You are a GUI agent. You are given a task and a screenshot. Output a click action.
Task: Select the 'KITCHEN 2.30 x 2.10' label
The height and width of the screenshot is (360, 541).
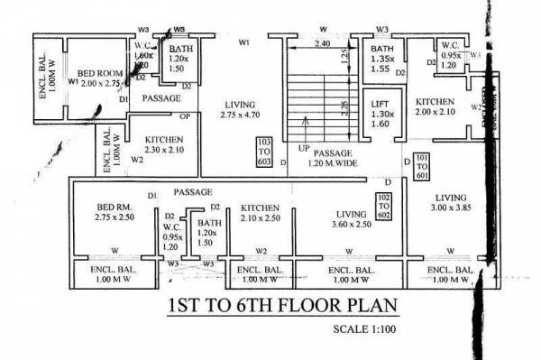(x=165, y=145)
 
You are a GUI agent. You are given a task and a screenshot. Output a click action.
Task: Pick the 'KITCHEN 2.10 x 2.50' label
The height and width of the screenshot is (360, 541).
(x=261, y=212)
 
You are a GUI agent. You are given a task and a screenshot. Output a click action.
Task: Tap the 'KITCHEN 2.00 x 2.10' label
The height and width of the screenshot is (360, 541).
(x=433, y=107)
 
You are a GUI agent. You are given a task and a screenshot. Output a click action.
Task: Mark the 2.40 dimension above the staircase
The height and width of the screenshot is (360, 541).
(x=321, y=43)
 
